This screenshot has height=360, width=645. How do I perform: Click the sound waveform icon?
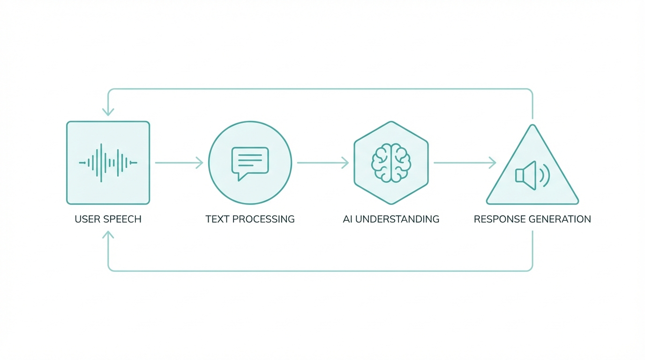(x=108, y=163)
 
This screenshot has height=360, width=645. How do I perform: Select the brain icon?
(x=391, y=163)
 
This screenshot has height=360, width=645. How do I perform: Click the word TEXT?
(x=217, y=219)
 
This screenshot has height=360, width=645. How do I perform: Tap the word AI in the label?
(x=347, y=219)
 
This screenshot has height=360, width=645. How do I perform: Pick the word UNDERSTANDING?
(x=397, y=219)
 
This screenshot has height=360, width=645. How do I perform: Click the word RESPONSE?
(x=500, y=219)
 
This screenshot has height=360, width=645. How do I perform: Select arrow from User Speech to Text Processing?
(x=179, y=163)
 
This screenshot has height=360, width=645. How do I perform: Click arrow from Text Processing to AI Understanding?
(x=322, y=163)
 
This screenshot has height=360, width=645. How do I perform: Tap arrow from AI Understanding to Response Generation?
(x=465, y=163)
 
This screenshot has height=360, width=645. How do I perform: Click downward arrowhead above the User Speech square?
(x=108, y=112)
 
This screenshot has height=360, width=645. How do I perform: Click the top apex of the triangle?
(x=532, y=126)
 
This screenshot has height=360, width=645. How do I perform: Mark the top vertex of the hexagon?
(x=391, y=122)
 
